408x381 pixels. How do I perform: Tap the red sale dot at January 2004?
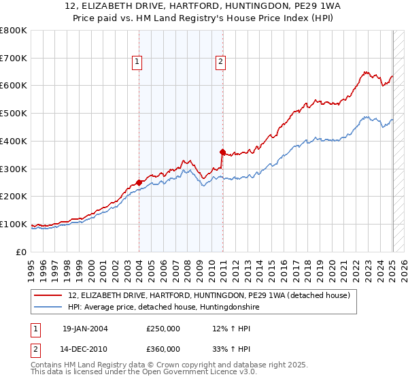pos(139,182)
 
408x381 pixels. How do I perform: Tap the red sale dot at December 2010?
pos(223,151)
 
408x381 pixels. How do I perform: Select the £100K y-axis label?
pos(14,225)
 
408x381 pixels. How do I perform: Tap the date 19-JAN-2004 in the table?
pos(85,329)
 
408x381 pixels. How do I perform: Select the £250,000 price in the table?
pos(163,329)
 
